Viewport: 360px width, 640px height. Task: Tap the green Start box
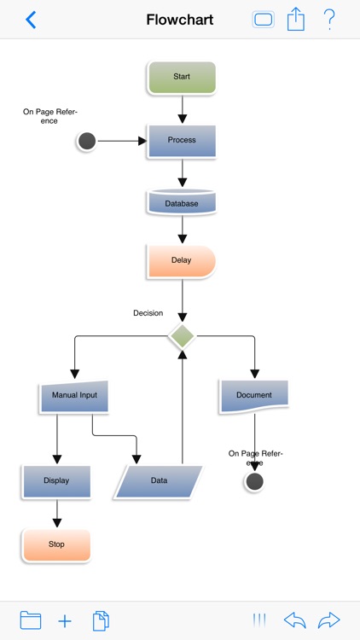[182, 77]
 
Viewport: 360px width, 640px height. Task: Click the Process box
[182, 141]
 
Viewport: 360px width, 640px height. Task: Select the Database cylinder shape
[182, 203]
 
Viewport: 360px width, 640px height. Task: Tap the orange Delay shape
[182, 261]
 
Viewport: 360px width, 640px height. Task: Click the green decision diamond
[182, 336]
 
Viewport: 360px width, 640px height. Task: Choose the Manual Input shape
[74, 396]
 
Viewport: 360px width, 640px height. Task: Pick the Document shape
[254, 395]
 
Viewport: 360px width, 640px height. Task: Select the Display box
[57, 481]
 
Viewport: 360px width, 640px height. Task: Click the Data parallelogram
[160, 481]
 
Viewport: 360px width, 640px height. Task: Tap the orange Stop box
[56, 544]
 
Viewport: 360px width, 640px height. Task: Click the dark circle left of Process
[86, 141]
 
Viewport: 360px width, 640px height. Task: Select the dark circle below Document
[254, 482]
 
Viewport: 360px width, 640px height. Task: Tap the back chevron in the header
[31, 20]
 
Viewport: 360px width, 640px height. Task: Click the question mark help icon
[329, 20]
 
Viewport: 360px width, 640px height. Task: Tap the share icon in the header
[295, 20]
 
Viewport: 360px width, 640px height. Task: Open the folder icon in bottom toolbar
[31, 620]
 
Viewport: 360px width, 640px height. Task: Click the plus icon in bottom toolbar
[65, 620]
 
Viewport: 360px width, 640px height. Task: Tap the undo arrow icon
[294, 620]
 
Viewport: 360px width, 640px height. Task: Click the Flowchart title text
[180, 20]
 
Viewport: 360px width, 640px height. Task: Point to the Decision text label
[148, 313]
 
